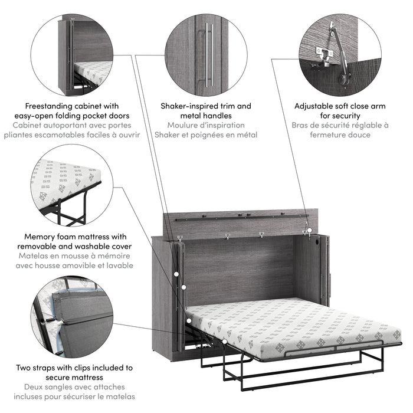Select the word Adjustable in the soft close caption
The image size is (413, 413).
click(x=317, y=106)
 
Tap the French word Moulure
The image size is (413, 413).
click(x=185, y=125)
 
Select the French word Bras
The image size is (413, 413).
click(x=301, y=125)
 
